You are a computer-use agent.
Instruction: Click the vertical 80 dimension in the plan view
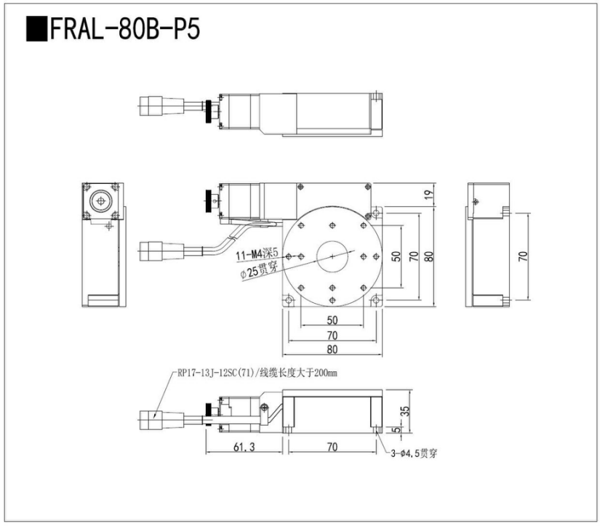click(x=428, y=256)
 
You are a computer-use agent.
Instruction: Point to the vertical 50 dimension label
click(x=396, y=256)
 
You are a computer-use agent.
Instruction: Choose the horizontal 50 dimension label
click(x=332, y=320)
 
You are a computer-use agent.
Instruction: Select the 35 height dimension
click(x=404, y=411)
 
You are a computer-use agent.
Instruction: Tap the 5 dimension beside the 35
click(x=396, y=430)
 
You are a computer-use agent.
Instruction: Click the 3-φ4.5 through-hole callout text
click(x=412, y=454)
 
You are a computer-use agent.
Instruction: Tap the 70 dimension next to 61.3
click(x=332, y=448)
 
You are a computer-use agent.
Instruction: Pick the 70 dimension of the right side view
click(x=522, y=256)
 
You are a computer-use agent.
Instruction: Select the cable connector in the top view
click(x=154, y=107)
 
